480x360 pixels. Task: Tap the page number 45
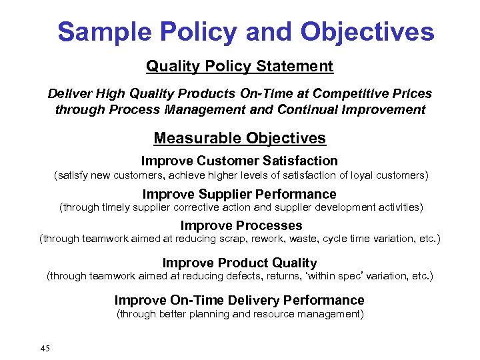coord(45,348)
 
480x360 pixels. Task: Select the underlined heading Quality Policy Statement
coord(239,67)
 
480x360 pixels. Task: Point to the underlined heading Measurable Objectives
coord(239,138)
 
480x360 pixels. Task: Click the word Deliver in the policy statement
coord(69,94)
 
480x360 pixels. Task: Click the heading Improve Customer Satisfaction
coord(239,161)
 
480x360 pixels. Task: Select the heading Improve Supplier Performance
coord(239,194)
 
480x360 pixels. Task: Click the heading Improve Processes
coord(241,225)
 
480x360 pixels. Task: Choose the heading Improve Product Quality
coord(239,263)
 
